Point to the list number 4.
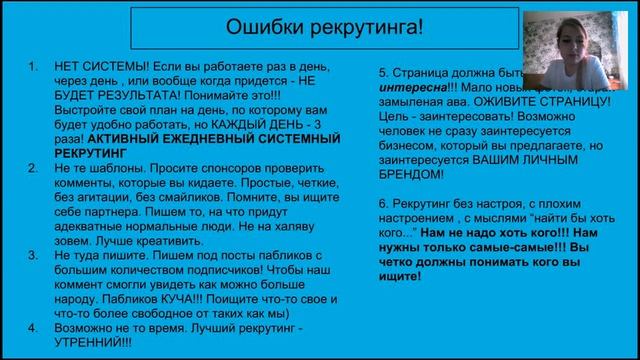point(33,326)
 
